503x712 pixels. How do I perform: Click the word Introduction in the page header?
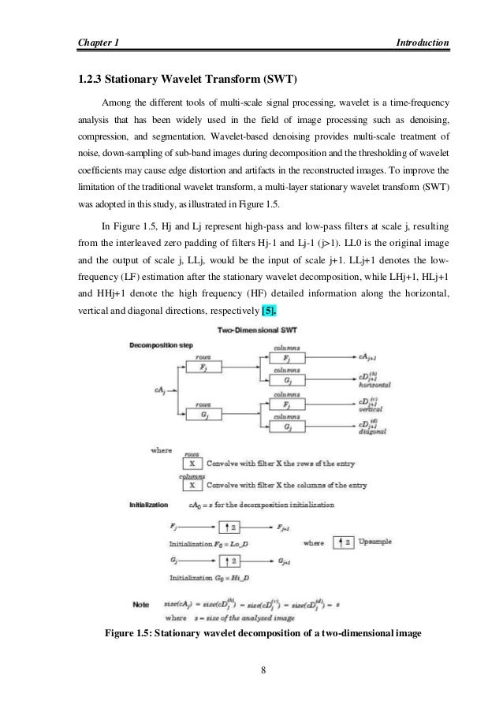click(423, 41)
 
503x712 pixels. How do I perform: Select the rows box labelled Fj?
click(204, 367)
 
